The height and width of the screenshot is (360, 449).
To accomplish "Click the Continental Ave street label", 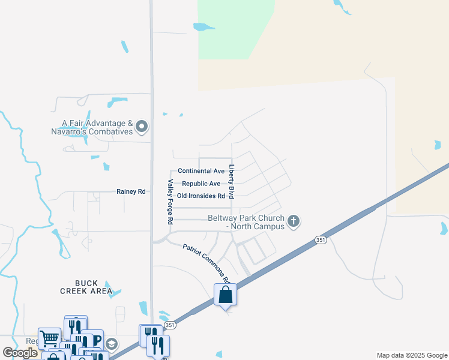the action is point(201,171).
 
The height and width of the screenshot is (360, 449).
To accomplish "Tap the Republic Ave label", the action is point(201,184).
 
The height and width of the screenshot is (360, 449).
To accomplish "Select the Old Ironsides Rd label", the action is point(201,196).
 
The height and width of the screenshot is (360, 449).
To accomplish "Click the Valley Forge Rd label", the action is point(170,202).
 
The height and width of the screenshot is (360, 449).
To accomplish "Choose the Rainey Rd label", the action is point(131,192).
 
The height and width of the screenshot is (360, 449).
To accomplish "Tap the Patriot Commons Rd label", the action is point(206,263).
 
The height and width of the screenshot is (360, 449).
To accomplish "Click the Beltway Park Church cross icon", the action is point(294,221).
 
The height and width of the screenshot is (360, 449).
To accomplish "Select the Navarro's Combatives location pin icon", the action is point(142,126).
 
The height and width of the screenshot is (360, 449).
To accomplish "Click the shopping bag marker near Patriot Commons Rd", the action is point(225,295).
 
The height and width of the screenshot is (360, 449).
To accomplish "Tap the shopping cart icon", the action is point(49,338).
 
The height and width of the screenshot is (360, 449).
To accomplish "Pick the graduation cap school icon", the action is point(111,344).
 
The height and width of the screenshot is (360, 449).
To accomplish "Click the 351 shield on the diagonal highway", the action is point(320,240).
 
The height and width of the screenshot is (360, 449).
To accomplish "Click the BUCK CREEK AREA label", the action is point(86,287).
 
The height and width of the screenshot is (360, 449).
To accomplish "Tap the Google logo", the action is point(20,353).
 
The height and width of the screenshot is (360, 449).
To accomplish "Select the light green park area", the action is point(234,30).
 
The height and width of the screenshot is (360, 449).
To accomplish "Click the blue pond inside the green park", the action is point(204,26).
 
